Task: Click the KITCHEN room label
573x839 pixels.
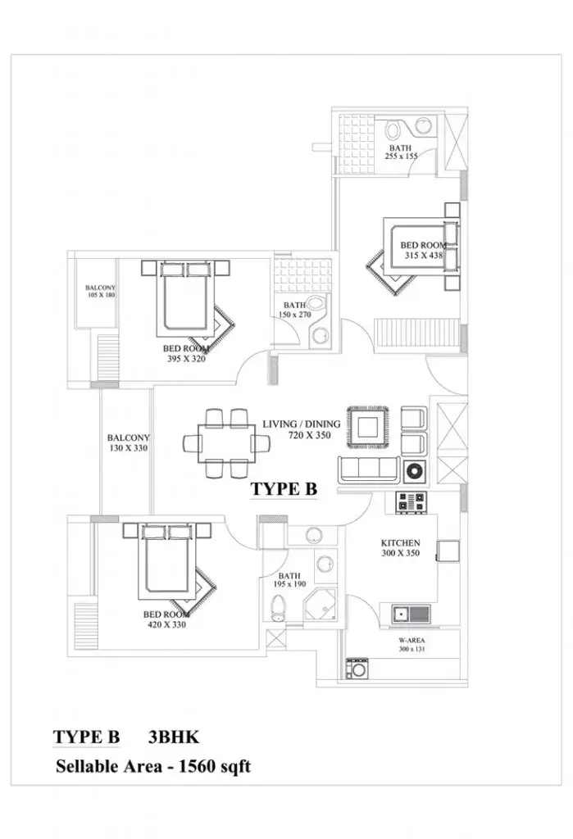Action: (x=401, y=542)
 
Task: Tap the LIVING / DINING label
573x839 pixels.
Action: (x=302, y=424)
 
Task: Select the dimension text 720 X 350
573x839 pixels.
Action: (x=310, y=436)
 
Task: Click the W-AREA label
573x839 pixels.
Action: (x=412, y=641)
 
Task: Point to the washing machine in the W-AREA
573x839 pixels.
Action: (x=356, y=669)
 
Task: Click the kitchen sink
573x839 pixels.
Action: (x=411, y=614)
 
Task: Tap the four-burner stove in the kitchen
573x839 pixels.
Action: (x=411, y=502)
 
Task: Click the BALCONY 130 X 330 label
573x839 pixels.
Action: (x=129, y=443)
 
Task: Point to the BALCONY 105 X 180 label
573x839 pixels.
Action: (x=101, y=292)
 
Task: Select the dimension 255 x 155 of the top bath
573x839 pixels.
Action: (x=401, y=156)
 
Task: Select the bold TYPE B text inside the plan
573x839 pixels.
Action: (x=284, y=488)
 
